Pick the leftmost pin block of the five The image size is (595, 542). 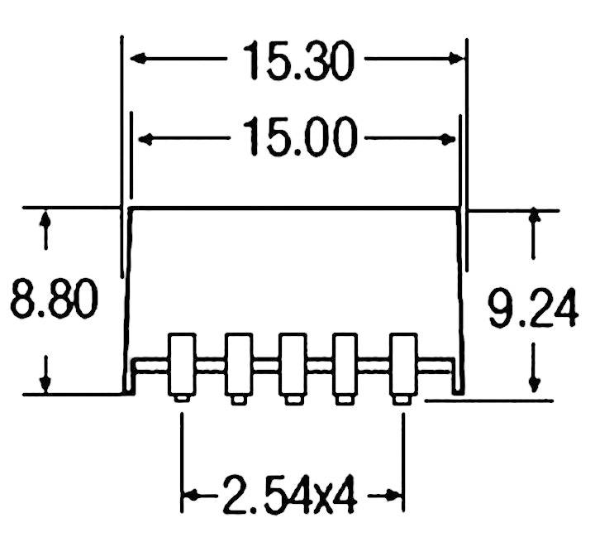[182, 364]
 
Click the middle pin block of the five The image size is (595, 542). [292, 364]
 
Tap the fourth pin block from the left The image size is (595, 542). [345, 364]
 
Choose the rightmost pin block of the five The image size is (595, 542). [402, 364]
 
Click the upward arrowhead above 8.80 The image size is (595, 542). [47, 218]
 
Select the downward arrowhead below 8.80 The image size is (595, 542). [47, 384]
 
